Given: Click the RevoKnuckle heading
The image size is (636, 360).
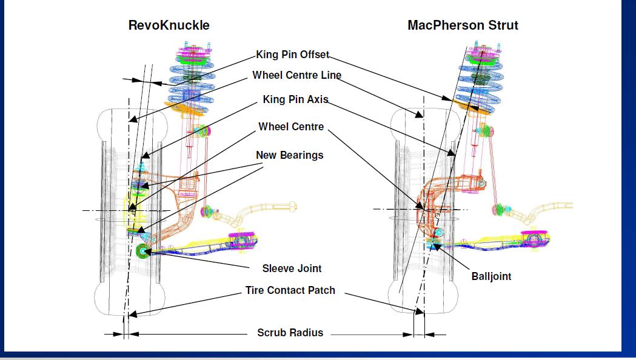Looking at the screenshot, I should pos(169,25).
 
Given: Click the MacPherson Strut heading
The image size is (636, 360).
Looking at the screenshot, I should pos(463,25).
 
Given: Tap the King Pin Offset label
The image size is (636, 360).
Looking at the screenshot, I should pos(292,55).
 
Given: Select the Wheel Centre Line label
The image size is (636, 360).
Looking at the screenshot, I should pos(296,76).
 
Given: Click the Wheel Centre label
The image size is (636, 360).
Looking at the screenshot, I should pos(291,127).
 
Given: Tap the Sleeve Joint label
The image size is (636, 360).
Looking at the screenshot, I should pos(292,268).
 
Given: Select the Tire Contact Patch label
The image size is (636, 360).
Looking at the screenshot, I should pos(290,290).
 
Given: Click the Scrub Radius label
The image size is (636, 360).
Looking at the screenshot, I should pos(290,333).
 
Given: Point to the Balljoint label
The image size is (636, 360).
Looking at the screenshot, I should pos(491,276).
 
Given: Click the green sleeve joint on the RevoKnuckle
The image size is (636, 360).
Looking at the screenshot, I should pos(143,250).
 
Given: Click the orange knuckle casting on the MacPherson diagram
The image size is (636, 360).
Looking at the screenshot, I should pos(452,188).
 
